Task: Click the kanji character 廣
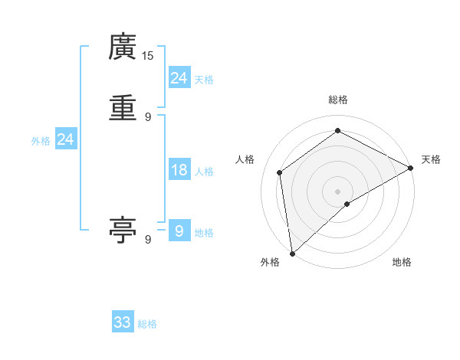[122, 47]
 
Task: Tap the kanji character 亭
[122, 230]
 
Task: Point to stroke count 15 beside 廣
[148, 55]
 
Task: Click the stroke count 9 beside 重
[148, 116]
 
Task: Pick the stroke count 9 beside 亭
[148, 240]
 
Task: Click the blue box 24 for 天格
[179, 77]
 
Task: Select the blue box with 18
[179, 170]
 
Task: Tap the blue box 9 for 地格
[179, 231]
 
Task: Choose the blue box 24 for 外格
[66, 139]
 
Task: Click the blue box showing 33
[123, 322]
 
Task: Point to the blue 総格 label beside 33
[147, 324]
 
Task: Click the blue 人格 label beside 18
[204, 172]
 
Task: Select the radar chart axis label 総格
[338, 100]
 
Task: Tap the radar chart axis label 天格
[431, 159]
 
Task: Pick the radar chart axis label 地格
[402, 263]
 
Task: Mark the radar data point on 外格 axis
[292, 254]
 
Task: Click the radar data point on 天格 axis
[411, 168]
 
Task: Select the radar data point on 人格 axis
[280, 172]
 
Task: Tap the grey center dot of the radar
[338, 191]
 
